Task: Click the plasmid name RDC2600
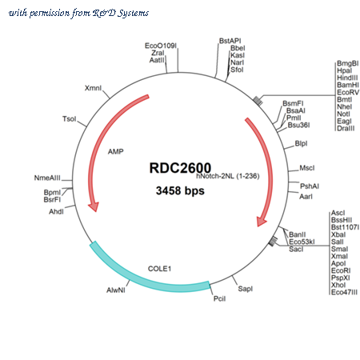point(180,168)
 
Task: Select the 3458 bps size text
point(180,190)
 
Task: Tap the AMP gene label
point(116,152)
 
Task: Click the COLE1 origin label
point(159,269)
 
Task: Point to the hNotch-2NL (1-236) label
point(228,176)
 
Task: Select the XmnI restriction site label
point(93,88)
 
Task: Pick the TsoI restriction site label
point(70,118)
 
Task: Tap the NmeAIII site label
point(47,178)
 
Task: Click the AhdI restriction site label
point(56,212)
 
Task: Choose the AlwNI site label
point(116,290)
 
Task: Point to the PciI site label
point(219,298)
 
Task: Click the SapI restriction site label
point(246,289)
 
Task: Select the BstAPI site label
point(230,41)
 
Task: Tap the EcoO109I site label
point(161,46)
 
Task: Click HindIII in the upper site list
point(347,78)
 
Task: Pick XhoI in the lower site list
point(338,285)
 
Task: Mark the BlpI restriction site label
point(301,143)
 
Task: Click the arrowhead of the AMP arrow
point(94,206)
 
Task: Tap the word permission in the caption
point(50,13)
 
